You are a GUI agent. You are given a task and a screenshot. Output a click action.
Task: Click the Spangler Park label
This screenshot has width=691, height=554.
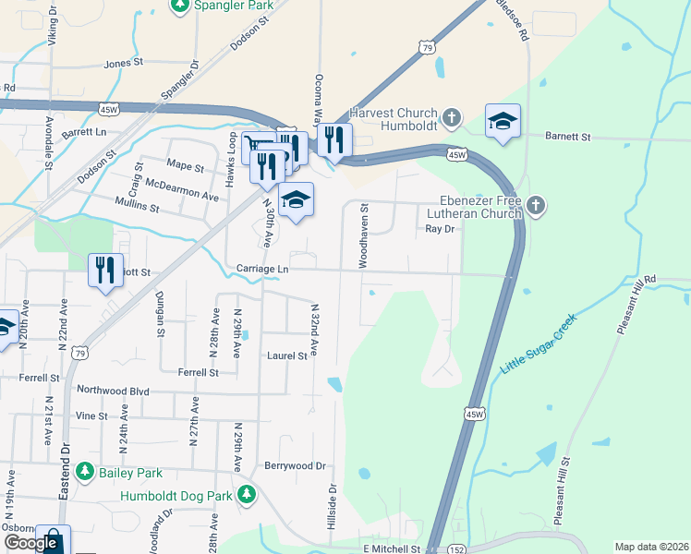point(233,6)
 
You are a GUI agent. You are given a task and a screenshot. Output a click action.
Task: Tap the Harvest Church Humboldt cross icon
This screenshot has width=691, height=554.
point(452,117)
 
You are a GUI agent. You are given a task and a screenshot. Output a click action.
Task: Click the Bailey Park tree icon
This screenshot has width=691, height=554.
point(85,472)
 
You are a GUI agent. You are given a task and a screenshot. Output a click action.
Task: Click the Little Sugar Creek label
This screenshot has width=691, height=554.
point(538,343)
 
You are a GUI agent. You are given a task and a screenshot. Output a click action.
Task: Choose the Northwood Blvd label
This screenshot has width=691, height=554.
point(113,391)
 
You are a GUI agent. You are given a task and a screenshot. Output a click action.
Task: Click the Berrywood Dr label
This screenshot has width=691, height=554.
point(296,466)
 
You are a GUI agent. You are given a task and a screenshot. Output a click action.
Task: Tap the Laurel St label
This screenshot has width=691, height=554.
point(286,355)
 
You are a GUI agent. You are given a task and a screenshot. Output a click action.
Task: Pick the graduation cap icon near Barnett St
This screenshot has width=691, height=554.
point(503,121)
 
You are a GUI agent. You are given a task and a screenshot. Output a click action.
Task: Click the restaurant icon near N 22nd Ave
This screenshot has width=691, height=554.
point(104,270)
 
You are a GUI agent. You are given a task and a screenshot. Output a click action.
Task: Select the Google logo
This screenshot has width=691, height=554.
point(30,543)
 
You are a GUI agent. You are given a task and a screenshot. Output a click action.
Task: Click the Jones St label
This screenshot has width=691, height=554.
point(124,64)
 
